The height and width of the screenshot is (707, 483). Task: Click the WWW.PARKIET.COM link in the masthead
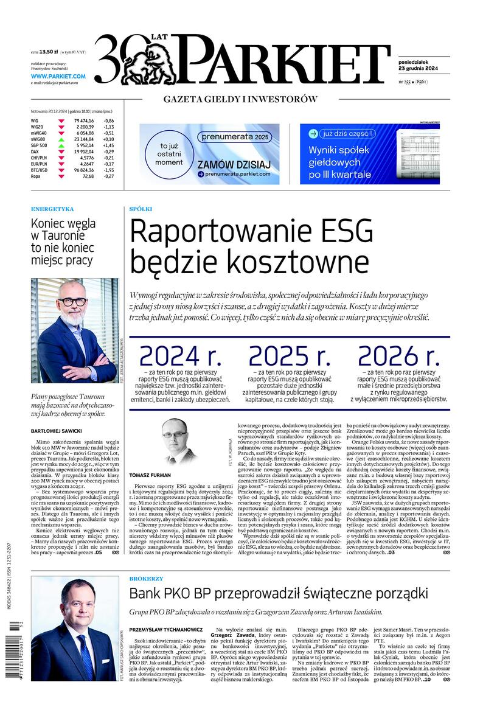58,77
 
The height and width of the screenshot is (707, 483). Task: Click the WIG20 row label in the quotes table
38,127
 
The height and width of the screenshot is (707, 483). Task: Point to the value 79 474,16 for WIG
83,120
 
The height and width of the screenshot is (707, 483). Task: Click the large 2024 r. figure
176,356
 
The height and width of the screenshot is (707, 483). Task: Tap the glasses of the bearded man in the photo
72,302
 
